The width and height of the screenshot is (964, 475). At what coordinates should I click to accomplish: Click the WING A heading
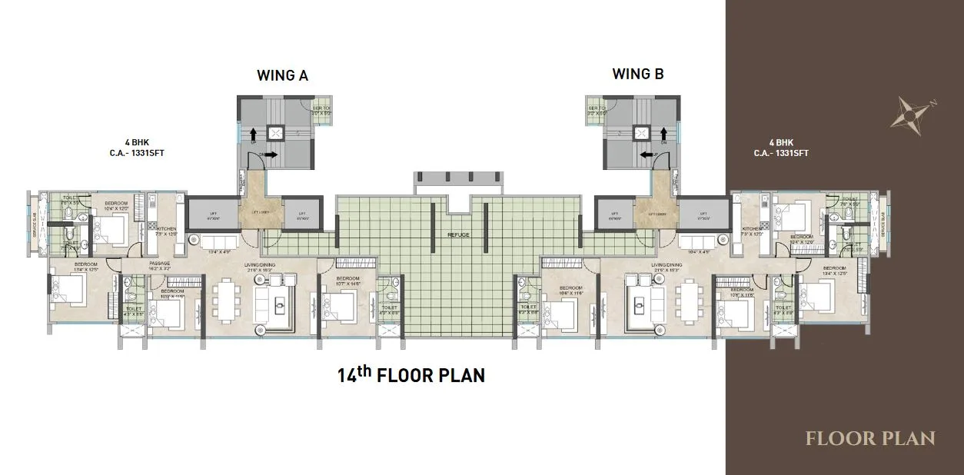pos(282,75)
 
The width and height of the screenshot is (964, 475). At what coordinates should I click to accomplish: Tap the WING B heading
pos(637,75)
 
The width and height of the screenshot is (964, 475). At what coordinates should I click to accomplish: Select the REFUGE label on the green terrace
pos(459,235)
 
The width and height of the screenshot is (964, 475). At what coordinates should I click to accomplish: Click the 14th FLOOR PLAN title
pos(411,375)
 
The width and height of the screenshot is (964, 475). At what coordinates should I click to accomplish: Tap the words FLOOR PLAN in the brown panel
pos(870,439)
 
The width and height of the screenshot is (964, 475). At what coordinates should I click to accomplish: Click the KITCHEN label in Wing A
pos(167,229)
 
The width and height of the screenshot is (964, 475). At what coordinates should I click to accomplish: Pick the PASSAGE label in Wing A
pos(161,264)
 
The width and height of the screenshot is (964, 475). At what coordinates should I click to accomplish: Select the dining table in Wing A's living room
pos(227,301)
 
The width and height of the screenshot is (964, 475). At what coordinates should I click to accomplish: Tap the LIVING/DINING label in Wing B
pos(667,265)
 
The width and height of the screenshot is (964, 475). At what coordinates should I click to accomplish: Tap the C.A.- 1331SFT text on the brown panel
pos(781,153)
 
